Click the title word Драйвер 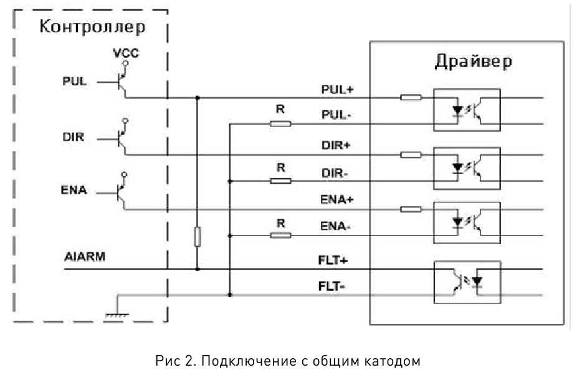pos(474,62)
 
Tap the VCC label pos(126,53)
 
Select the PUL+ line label pos(337,89)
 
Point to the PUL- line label pos(336,115)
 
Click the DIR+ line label pos(336,145)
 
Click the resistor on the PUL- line pos(280,124)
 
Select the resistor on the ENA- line pos(280,235)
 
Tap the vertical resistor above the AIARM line pos(198,237)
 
